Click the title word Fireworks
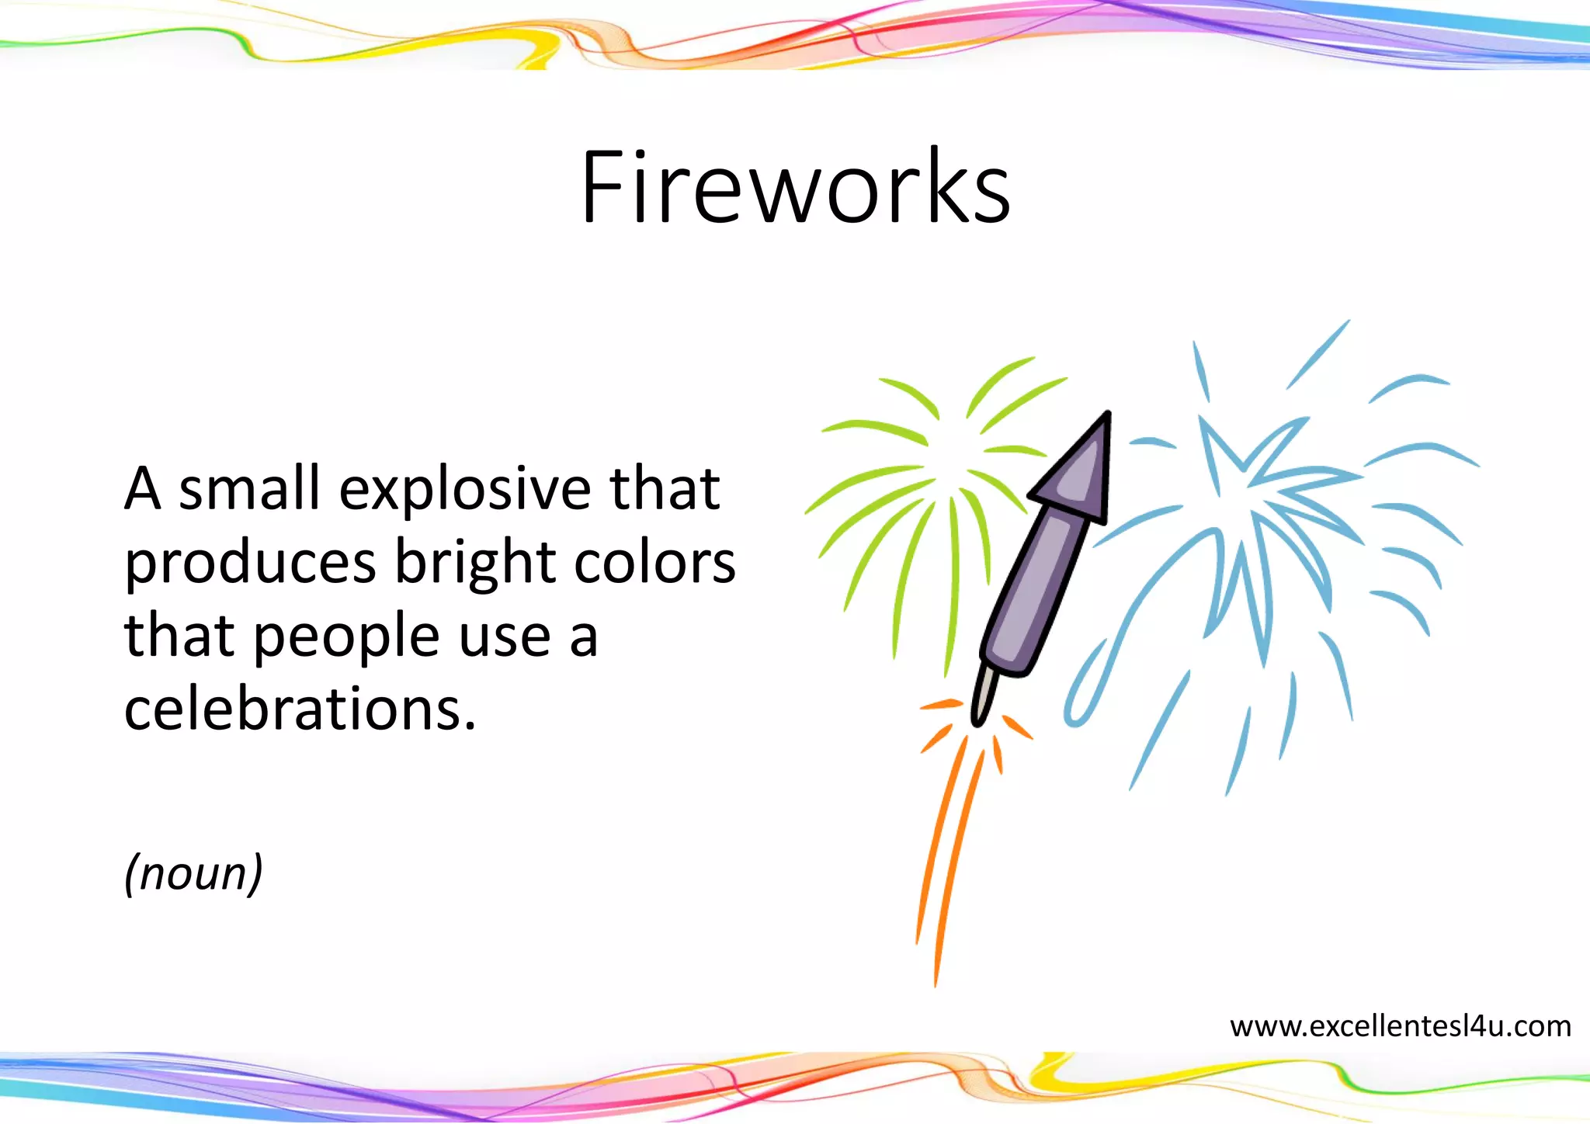795,188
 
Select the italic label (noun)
193,873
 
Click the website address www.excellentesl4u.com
1400,1026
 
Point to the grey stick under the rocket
984,693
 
